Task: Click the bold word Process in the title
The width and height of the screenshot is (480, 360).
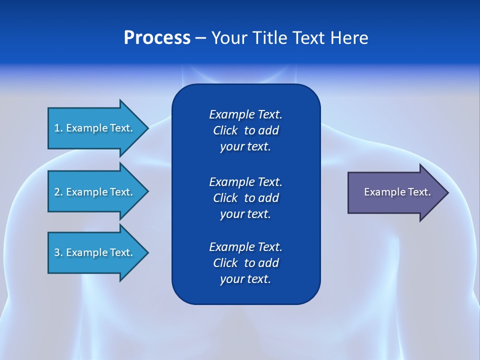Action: pyautogui.click(x=157, y=38)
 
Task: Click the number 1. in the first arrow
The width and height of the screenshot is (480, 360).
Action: pyautogui.click(x=58, y=128)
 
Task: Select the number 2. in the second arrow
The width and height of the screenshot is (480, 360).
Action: pyautogui.click(x=58, y=192)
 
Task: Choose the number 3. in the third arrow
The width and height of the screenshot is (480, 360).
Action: pyautogui.click(x=58, y=252)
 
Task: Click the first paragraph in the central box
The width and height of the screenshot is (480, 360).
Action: pyautogui.click(x=245, y=130)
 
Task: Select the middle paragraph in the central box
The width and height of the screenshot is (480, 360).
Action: pyautogui.click(x=245, y=198)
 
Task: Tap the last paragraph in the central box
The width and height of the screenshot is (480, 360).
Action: pyautogui.click(x=245, y=263)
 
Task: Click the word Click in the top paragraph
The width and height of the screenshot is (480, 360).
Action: pyautogui.click(x=225, y=130)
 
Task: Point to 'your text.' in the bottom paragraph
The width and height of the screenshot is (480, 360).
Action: pyautogui.click(x=245, y=279)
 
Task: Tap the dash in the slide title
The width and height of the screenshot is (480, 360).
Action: pyautogui.click(x=201, y=38)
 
